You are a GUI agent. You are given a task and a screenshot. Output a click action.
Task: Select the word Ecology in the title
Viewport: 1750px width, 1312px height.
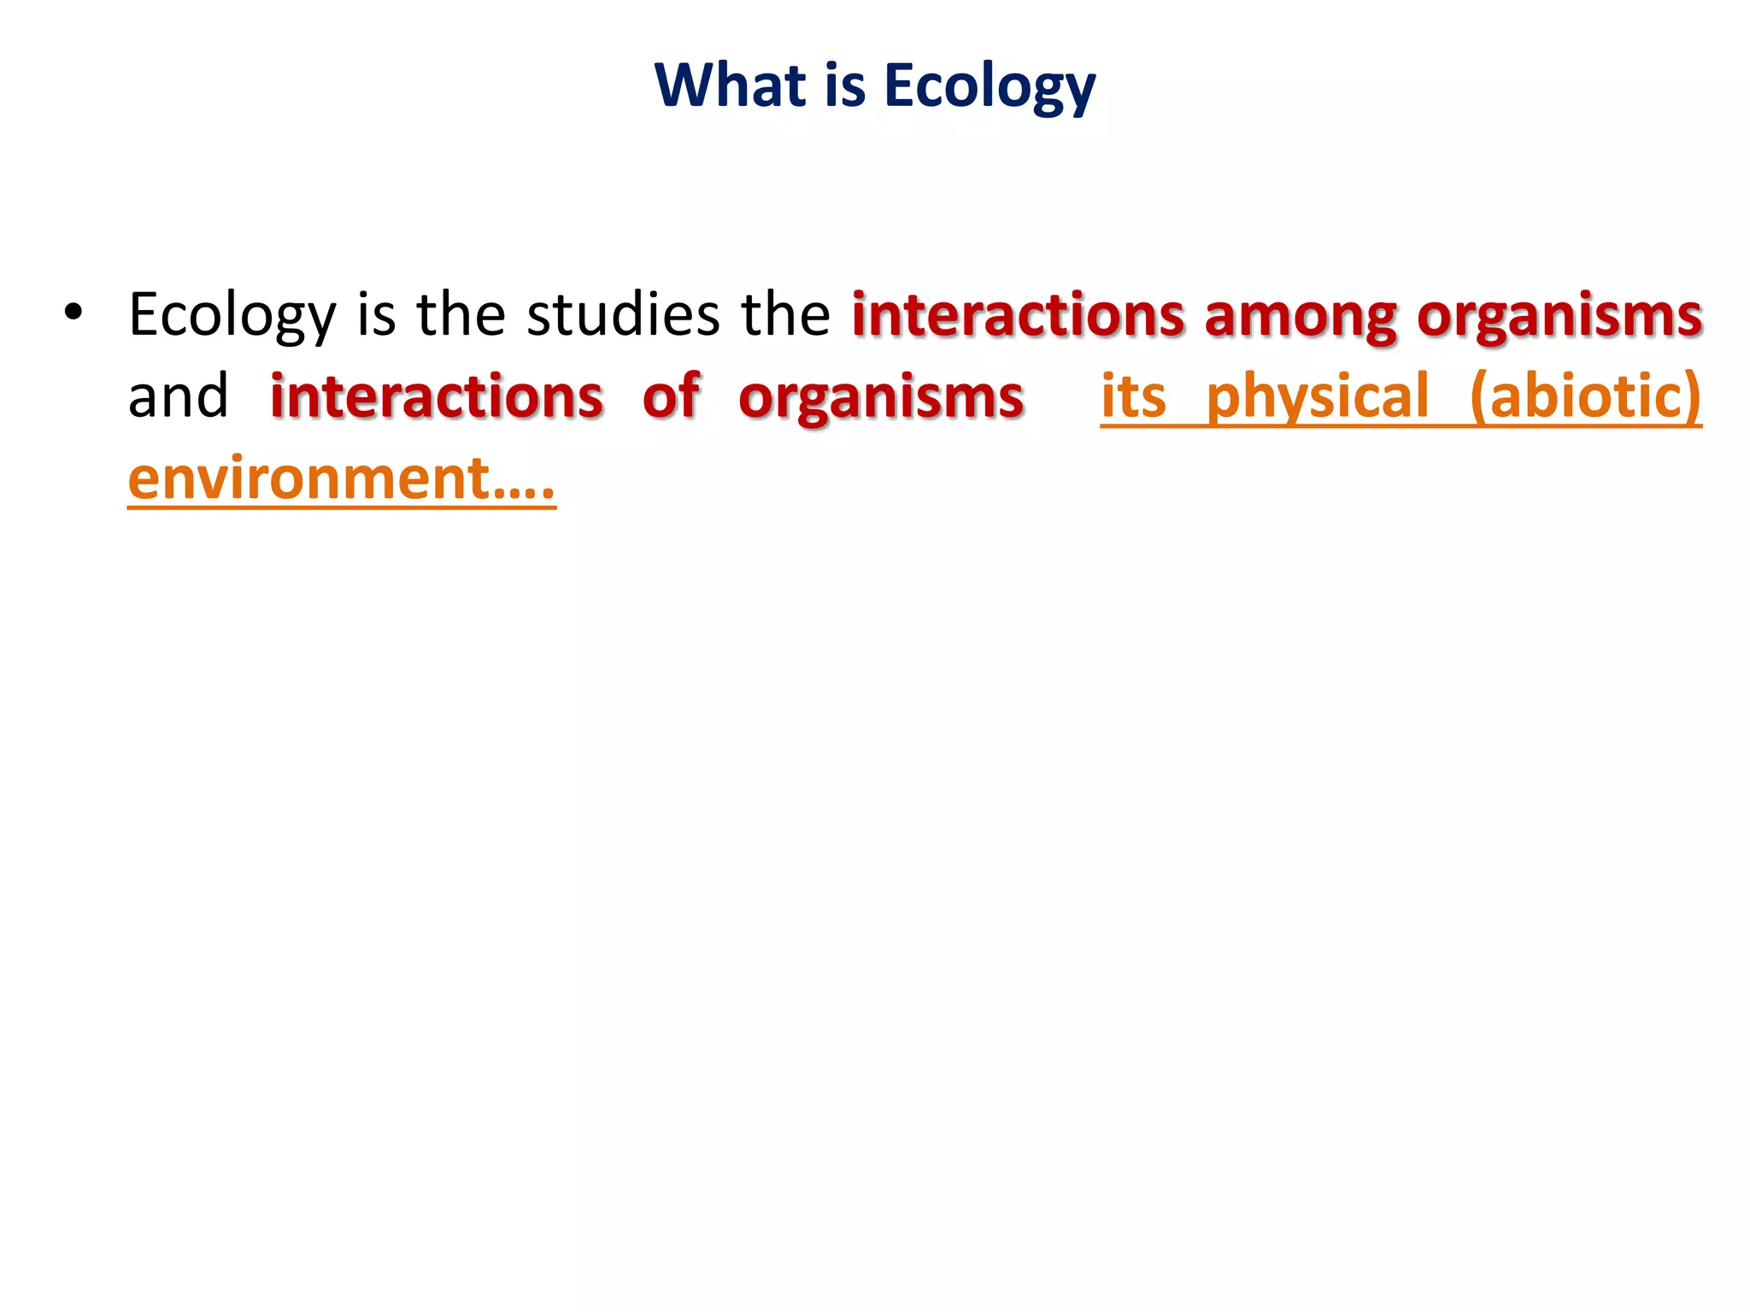tap(990, 87)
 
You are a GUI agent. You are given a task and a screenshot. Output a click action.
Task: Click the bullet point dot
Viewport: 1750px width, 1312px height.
tap(73, 313)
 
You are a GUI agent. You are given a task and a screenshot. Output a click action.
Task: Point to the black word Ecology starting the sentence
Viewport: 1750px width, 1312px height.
tap(232, 316)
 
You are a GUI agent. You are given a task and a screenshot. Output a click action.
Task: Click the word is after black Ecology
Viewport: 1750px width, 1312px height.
tap(376, 314)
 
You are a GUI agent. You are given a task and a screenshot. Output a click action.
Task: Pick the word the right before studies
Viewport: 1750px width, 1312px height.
tap(461, 314)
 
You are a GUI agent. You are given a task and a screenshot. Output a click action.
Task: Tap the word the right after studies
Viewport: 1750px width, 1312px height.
tap(785, 314)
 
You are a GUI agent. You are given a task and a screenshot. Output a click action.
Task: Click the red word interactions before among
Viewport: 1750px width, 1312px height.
tap(1018, 314)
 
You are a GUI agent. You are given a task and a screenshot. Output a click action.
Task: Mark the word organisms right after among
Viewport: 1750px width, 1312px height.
tap(1559, 316)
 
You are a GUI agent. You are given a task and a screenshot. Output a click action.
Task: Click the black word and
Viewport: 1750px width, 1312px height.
tap(178, 396)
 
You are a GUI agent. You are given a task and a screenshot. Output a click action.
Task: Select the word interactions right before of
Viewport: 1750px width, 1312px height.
tap(437, 396)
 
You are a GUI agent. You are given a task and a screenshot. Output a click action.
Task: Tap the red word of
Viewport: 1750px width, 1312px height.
tap(672, 396)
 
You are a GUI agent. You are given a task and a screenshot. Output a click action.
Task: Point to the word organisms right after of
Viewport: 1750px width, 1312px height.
tap(881, 398)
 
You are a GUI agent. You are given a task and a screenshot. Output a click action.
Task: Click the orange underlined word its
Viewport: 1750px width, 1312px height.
tap(1133, 396)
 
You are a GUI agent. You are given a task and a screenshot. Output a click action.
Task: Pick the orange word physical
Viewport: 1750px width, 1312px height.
tap(1317, 398)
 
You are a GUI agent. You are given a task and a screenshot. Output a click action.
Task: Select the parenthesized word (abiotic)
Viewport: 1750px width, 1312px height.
tap(1586, 396)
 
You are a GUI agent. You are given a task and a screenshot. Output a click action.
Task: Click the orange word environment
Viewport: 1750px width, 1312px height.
tap(308, 478)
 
